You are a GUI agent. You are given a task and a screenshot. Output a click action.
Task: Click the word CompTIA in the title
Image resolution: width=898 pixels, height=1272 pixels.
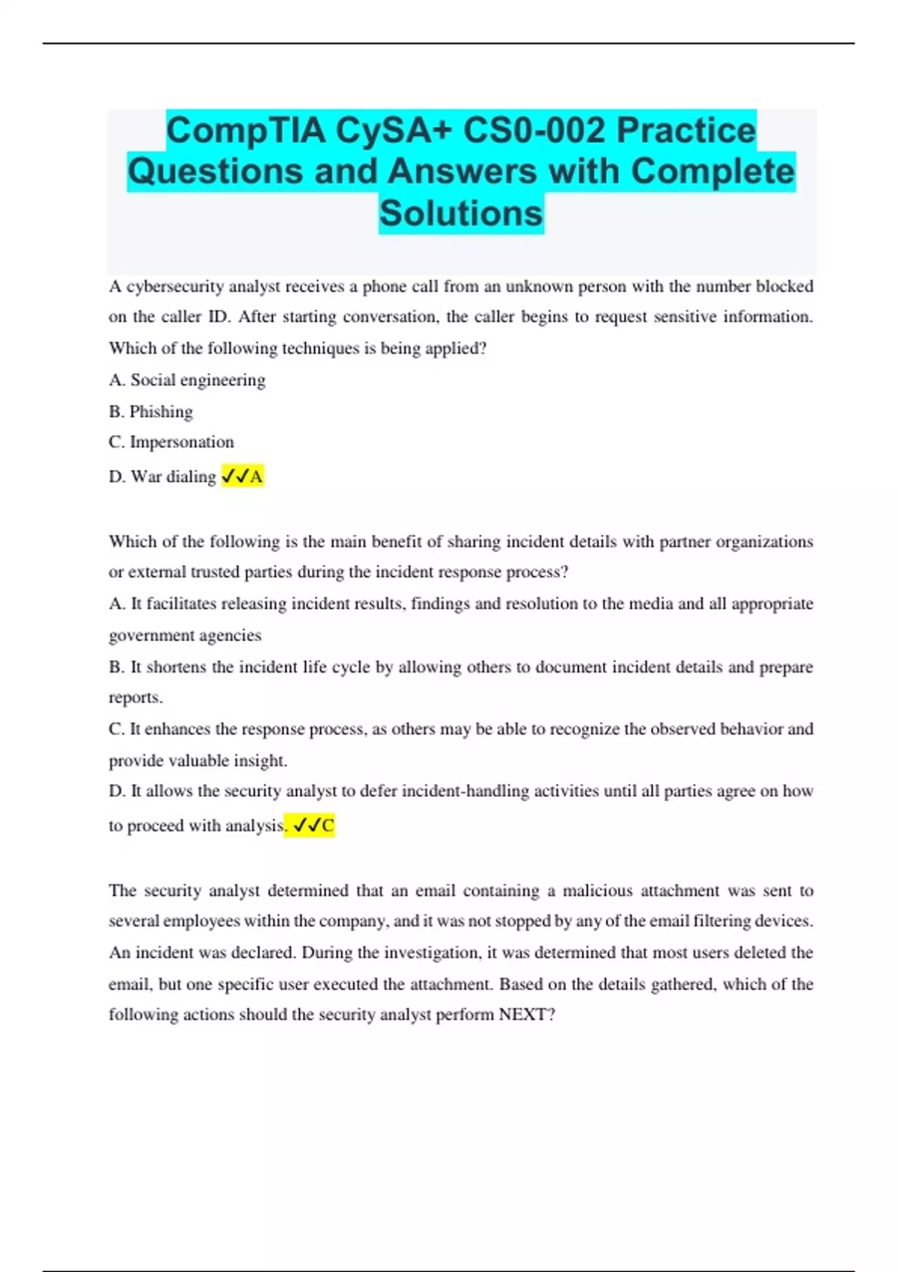[245, 130]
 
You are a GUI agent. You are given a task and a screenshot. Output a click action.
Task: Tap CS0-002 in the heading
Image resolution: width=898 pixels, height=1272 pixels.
[534, 130]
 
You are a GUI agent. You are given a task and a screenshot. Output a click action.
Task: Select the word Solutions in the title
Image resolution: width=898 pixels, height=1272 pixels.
[461, 213]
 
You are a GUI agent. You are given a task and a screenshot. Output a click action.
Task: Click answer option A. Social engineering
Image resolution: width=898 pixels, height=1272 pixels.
[187, 380]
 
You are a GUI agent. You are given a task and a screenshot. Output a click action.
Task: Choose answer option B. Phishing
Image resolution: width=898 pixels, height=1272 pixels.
[150, 412]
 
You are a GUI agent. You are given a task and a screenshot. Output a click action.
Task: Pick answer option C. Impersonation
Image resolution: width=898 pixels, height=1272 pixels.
[171, 442]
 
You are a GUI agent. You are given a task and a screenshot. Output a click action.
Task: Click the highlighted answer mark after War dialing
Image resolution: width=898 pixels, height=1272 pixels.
[242, 476]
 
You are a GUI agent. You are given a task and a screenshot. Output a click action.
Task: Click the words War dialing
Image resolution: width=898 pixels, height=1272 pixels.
[173, 477]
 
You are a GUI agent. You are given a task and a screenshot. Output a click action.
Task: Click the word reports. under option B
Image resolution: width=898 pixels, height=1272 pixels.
[135, 697]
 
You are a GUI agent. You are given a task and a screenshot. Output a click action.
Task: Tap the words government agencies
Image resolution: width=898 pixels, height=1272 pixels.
[185, 635]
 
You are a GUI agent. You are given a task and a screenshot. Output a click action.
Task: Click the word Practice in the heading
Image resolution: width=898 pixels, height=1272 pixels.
[686, 130]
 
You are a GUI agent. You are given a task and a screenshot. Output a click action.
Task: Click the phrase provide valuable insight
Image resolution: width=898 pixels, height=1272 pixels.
[198, 760]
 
